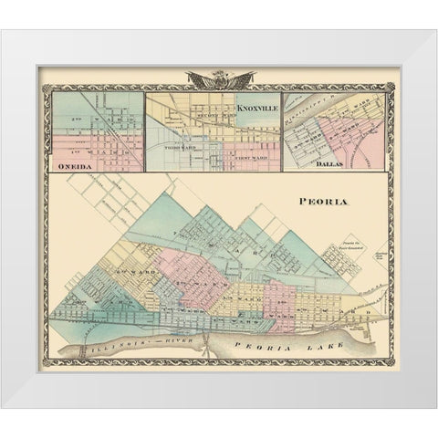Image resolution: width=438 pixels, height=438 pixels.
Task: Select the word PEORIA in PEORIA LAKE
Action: (247, 345)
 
